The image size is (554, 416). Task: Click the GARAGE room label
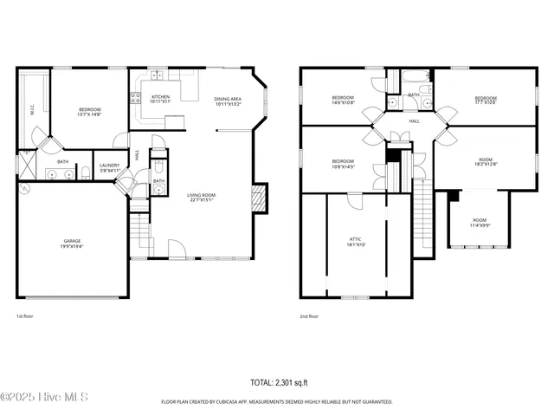(72, 244)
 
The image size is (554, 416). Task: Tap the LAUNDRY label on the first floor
(109, 167)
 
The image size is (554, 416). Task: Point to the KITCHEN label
(161, 99)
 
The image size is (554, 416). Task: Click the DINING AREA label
(229, 101)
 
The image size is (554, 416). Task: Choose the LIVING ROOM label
(202, 198)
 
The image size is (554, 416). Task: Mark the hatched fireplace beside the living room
(259, 198)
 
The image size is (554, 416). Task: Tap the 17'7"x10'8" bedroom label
(486, 101)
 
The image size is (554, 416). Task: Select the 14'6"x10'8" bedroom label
(343, 100)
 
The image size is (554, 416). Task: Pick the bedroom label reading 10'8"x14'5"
(343, 163)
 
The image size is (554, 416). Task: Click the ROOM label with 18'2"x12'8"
(486, 160)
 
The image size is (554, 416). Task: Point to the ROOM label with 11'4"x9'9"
(480, 224)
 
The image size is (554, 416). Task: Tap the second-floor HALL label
(415, 121)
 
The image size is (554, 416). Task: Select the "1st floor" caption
(26, 316)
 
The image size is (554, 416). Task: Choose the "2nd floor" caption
(309, 316)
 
